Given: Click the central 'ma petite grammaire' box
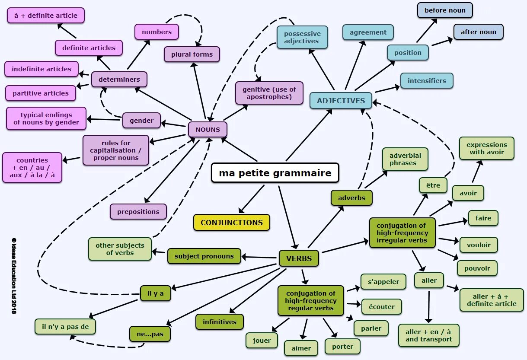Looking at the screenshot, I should (275, 173).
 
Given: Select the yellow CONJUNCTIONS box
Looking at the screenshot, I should (232, 223).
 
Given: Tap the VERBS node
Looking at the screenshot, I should (299, 258).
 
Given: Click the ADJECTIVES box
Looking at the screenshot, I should (341, 101).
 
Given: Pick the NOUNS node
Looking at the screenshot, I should (208, 129).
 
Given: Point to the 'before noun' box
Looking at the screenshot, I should (445, 10).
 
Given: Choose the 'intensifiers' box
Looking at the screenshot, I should (427, 81).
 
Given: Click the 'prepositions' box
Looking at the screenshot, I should (138, 212).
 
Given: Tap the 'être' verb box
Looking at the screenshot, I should (433, 185).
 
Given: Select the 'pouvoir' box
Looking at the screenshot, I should (477, 268).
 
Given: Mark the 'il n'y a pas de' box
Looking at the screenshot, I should (65, 327).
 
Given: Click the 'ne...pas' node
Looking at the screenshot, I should (150, 334).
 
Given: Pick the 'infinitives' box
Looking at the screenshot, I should (220, 322).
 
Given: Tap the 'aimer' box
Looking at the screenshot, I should (301, 348).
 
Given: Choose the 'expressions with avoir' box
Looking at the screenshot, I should (487, 148).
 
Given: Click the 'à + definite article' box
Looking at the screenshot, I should (46, 16).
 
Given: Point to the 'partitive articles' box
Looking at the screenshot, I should (41, 93).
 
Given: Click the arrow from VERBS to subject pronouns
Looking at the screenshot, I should (259, 258).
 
